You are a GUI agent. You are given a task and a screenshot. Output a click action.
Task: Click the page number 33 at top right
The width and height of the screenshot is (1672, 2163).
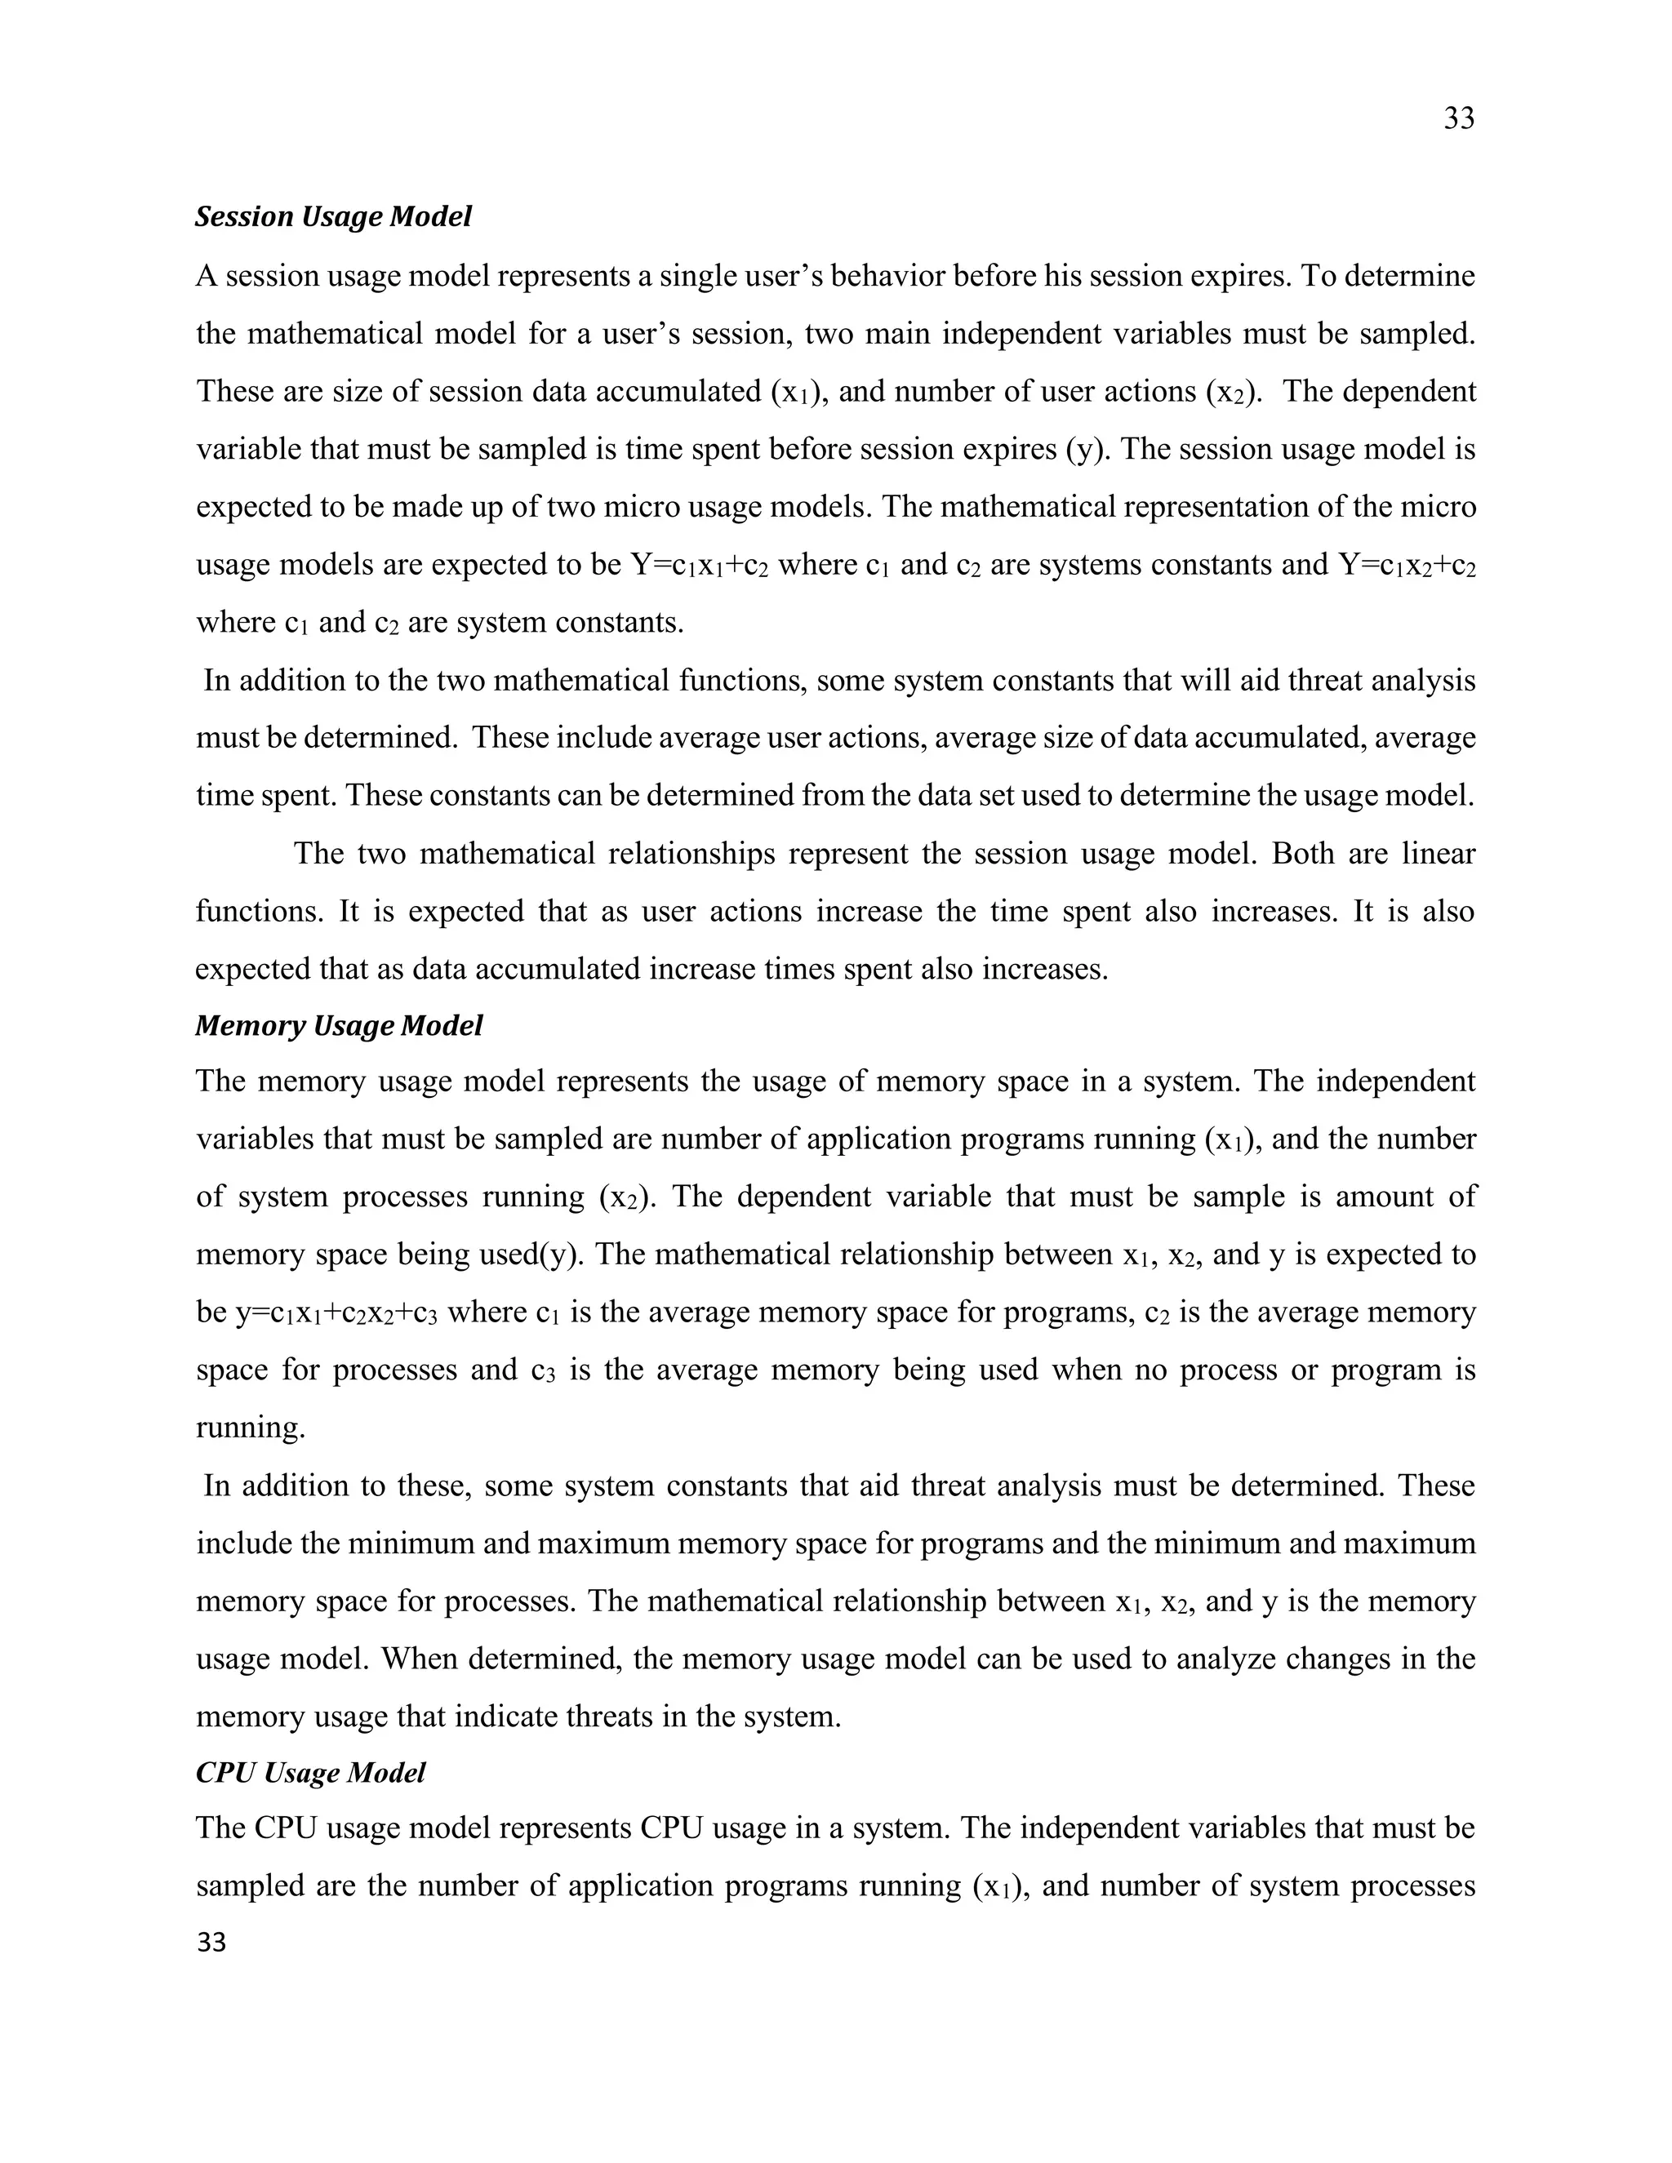point(1458,119)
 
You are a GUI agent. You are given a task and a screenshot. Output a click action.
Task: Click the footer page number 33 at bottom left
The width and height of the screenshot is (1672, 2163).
point(211,1942)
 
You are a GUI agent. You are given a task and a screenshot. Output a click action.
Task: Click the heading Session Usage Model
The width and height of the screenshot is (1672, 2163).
point(333,216)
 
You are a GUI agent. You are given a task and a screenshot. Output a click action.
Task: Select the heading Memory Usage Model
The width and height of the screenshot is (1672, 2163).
point(339,1025)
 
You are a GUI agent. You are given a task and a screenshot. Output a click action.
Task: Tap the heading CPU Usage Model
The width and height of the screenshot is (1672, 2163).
point(310,1772)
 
